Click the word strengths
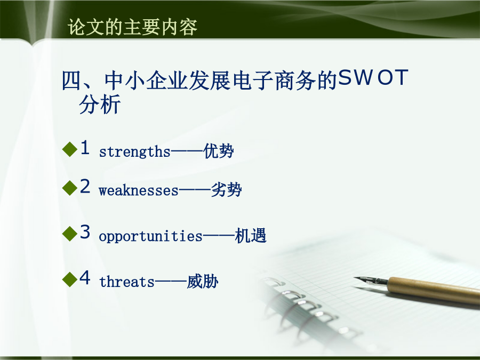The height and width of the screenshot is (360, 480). pyautogui.click(x=135, y=152)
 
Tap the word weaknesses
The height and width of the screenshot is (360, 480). pyautogui.click(x=138, y=190)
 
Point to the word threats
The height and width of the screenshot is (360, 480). pyautogui.click(x=127, y=282)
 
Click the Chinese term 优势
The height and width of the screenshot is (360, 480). pyautogui.click(x=219, y=151)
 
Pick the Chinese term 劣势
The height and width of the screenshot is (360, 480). pyautogui.click(x=227, y=190)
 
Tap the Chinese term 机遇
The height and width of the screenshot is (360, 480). pyautogui.click(x=251, y=236)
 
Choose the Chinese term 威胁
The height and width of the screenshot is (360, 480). pyautogui.click(x=203, y=281)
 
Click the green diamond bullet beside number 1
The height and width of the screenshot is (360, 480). pyautogui.click(x=70, y=149)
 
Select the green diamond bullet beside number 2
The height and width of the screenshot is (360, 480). pyautogui.click(x=70, y=188)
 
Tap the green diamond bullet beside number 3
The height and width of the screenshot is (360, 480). pyautogui.click(x=70, y=234)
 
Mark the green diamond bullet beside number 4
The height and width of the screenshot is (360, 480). pyautogui.click(x=70, y=279)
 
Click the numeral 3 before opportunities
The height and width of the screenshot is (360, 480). pyautogui.click(x=85, y=231)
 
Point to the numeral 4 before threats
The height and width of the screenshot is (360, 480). pyautogui.click(x=85, y=277)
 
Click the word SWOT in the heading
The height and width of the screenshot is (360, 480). pyautogui.click(x=373, y=77)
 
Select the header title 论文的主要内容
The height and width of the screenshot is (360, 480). pyautogui.click(x=132, y=27)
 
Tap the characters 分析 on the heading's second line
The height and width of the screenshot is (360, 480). pyautogui.click(x=100, y=105)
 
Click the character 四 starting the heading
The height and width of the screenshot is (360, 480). pyautogui.click(x=71, y=81)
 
